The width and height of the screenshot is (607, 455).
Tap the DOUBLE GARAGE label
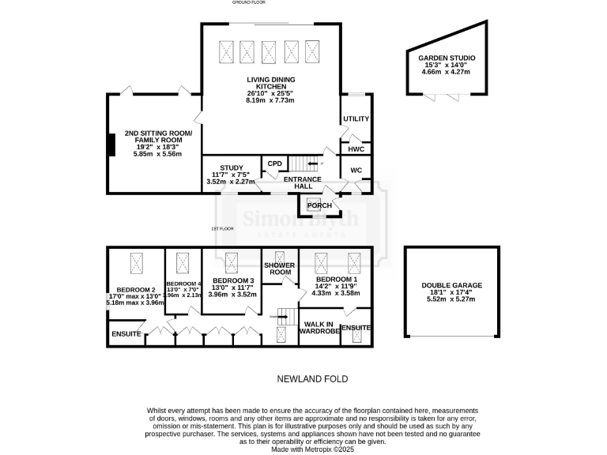[451, 285]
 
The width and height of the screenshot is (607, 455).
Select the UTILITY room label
[356, 118]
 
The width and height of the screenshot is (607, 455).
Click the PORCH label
[319, 205]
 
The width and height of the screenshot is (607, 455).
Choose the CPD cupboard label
[275, 164]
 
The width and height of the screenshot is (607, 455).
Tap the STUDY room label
[232, 168]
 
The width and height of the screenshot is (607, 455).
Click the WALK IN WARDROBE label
[319, 328]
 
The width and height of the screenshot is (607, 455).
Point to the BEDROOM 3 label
[232, 281]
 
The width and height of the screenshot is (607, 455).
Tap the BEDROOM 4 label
[183, 283]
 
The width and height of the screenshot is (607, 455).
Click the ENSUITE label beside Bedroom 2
[126, 334]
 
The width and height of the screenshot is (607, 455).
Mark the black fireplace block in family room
[111, 145]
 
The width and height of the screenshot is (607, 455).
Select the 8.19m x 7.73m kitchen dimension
[270, 100]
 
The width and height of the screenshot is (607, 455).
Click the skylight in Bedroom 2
[135, 261]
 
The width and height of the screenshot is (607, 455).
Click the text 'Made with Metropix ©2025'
[311, 448]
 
